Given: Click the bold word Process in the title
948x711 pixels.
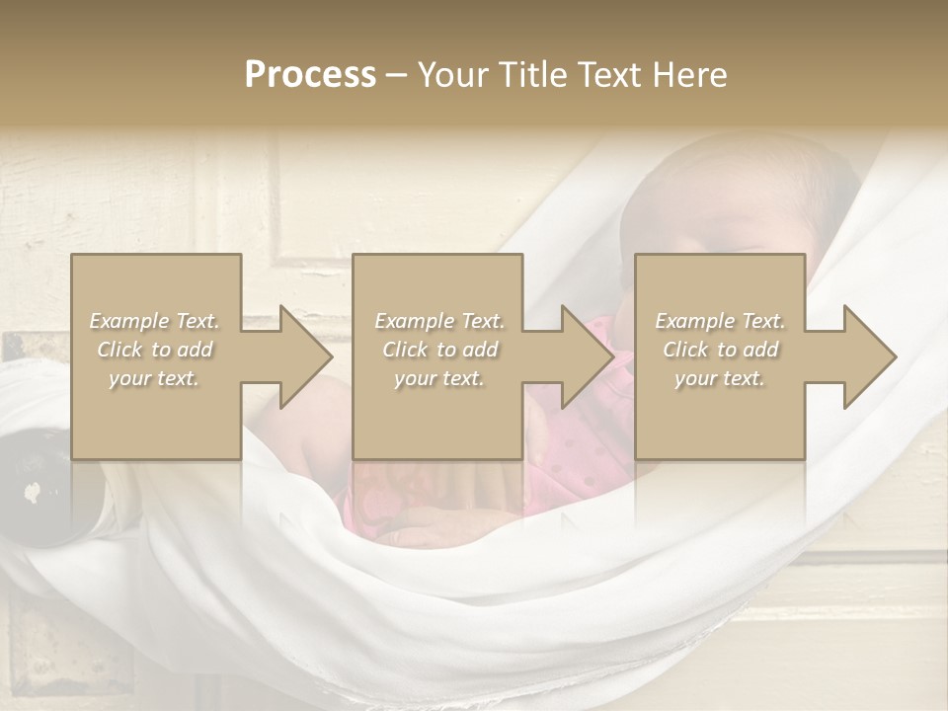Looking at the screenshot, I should tap(310, 75).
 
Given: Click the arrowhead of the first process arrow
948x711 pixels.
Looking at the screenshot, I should tap(305, 356).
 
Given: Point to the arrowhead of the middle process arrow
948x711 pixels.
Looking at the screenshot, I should tap(587, 356).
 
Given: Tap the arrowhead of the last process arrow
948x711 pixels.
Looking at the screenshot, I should tap(870, 356).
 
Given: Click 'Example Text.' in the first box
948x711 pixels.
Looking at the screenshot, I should tap(155, 321).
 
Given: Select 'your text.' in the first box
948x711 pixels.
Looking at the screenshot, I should tap(155, 378).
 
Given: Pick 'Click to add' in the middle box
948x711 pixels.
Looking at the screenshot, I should tap(439, 350).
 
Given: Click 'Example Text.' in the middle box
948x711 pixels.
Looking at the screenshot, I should tap(439, 321).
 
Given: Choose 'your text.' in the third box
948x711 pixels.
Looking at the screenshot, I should tap(720, 378).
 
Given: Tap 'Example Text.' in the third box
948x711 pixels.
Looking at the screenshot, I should tap(720, 321).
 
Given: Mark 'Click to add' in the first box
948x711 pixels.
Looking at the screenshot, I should tap(155, 350).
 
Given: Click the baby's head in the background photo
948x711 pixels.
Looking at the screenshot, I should tap(741, 197).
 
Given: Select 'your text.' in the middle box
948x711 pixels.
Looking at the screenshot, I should tap(439, 378).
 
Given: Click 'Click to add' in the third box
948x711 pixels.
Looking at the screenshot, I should tap(720, 350).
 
